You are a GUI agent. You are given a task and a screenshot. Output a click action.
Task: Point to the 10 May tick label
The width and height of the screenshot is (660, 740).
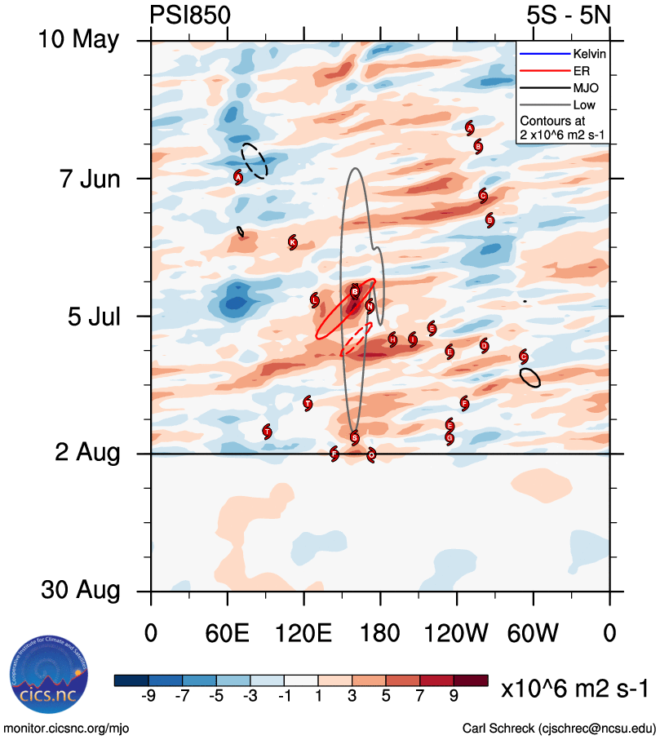78,40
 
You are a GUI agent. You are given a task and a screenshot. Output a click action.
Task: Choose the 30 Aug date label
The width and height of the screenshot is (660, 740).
78,591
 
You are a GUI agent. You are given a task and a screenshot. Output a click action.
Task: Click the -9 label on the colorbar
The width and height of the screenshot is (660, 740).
148,695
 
